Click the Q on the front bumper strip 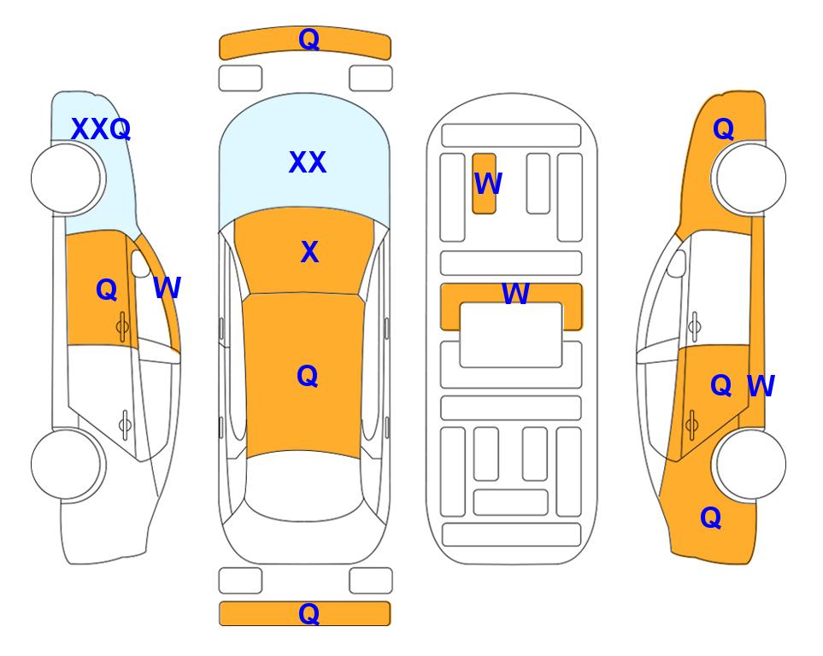pyautogui.click(x=309, y=39)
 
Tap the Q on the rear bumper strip pyautogui.click(x=309, y=613)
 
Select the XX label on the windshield pyautogui.click(x=308, y=162)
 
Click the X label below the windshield pyautogui.click(x=309, y=252)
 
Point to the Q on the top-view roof pyautogui.click(x=308, y=376)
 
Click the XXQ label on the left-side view pyautogui.click(x=101, y=129)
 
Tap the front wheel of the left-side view pyautogui.click(x=66, y=179)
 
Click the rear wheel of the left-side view pyautogui.click(x=66, y=464)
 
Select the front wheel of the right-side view pyautogui.click(x=750, y=179)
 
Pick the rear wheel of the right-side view pyautogui.click(x=750, y=464)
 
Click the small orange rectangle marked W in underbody pyautogui.click(x=484, y=184)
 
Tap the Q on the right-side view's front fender pyautogui.click(x=723, y=129)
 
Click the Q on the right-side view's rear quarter pyautogui.click(x=711, y=518)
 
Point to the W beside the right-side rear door pyautogui.click(x=761, y=386)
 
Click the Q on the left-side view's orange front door pyautogui.click(x=107, y=290)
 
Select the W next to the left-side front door pyautogui.click(x=167, y=288)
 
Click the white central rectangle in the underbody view pyautogui.click(x=511, y=335)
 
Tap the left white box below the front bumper pyautogui.click(x=240, y=79)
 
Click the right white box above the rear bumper pyautogui.click(x=371, y=581)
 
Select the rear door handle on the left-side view pyautogui.click(x=125, y=424)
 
